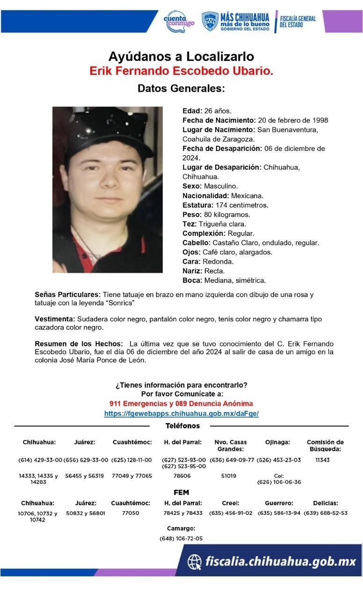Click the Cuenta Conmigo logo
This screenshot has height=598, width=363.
pos(179,21)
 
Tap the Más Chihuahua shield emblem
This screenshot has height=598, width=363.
pos(210,21)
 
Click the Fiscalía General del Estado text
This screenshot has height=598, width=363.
pos(298,21)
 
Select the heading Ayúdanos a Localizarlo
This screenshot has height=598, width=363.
pos(181,57)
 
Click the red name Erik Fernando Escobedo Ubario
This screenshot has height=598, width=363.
pos(181,71)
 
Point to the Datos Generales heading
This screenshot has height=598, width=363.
pos(181,88)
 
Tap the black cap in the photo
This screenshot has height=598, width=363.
pos(108,131)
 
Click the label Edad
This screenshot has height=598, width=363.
pos(192,111)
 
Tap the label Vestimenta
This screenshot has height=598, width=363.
pos(54,319)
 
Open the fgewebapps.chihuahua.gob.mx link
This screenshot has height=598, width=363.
pos(181,414)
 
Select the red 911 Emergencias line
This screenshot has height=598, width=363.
pos(181,404)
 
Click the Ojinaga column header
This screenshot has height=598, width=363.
pos(277,442)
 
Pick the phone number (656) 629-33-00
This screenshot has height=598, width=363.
pos(86,460)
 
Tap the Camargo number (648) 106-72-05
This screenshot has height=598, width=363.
pos(181,538)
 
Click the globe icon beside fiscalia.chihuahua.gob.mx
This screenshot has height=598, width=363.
pos(195,561)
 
